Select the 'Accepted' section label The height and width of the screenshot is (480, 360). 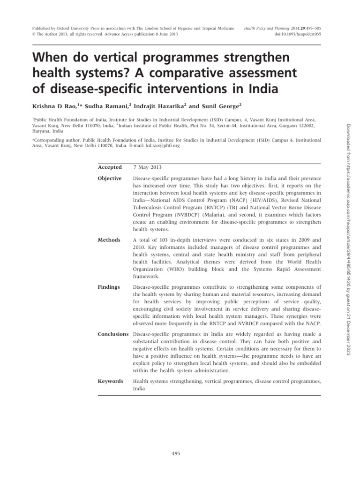click(x=109, y=167)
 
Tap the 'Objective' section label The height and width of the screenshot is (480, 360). click(x=110, y=179)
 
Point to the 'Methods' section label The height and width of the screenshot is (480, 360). click(x=108, y=240)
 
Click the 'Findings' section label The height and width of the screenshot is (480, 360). click(x=109, y=287)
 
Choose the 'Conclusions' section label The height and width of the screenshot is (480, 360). click(x=113, y=334)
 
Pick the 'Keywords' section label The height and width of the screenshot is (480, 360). click(x=110, y=381)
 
